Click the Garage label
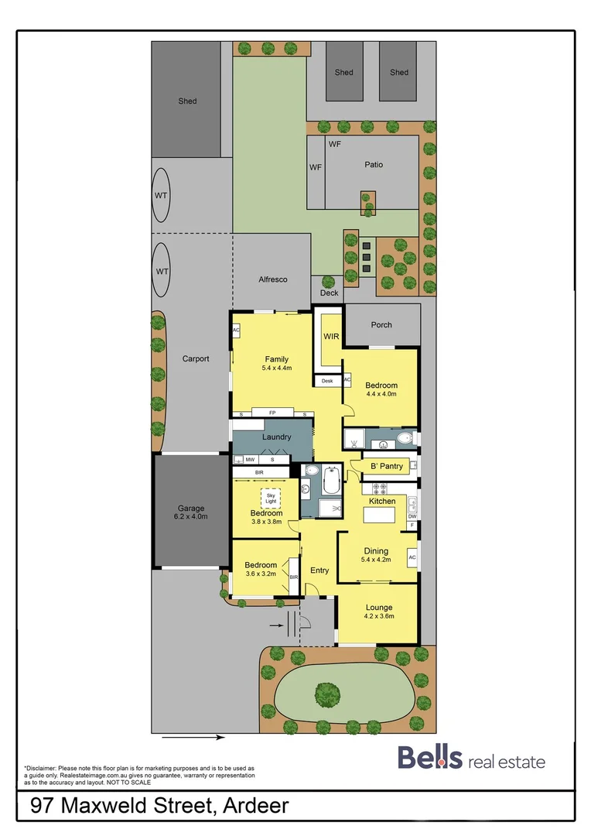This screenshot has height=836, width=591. point(191,509)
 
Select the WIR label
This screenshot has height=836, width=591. point(331,337)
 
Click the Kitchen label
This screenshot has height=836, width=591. point(381,502)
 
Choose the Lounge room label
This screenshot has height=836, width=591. point(379,608)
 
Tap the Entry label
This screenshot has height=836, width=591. point(319,570)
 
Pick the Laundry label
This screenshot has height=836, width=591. point(276,437)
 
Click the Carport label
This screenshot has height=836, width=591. point(196,359)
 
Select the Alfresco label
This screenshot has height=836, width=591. point(273,279)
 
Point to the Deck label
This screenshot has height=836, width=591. point(330,293)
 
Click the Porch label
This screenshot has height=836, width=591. point(381,325)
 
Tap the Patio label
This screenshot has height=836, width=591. point(374,164)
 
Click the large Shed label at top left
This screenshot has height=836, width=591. point(187,101)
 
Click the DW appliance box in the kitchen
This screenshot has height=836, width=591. point(412,516)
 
